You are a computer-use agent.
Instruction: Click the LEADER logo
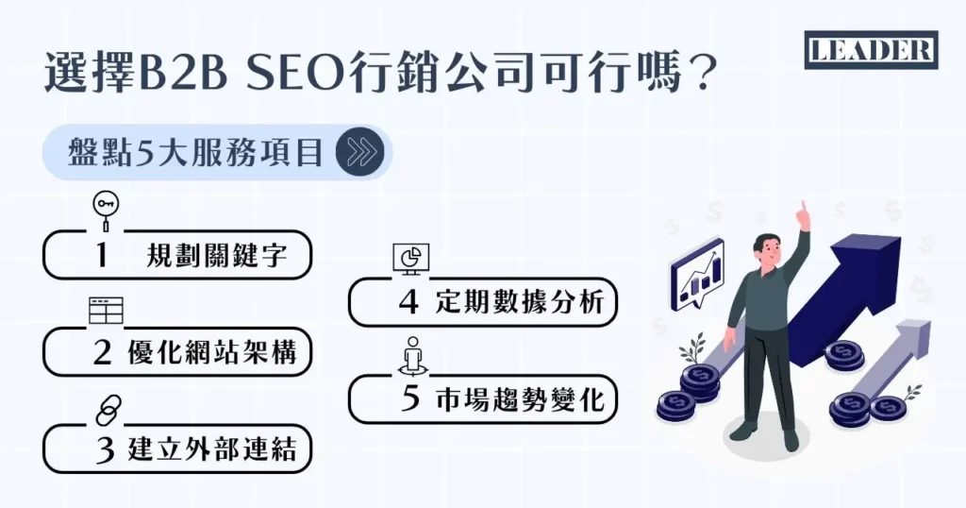point(871,50)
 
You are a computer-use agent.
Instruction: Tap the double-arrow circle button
point(364,153)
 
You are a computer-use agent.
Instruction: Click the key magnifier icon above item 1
point(104,211)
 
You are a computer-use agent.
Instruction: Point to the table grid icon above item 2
point(107,309)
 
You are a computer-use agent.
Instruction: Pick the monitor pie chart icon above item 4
point(410,258)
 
